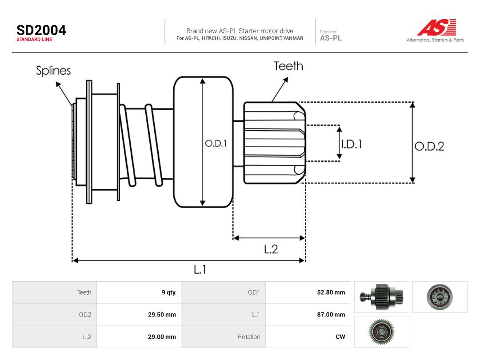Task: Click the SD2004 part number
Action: click(41, 30)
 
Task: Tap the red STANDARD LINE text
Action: click(34, 40)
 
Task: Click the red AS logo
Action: click(437, 27)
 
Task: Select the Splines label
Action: click(53, 71)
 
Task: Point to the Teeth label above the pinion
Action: click(288, 66)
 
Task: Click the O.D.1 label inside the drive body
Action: click(216, 143)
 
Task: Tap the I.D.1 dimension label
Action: click(352, 144)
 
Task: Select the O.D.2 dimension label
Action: click(429, 146)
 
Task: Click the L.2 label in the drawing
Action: click(271, 249)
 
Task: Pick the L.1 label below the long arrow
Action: click(200, 269)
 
